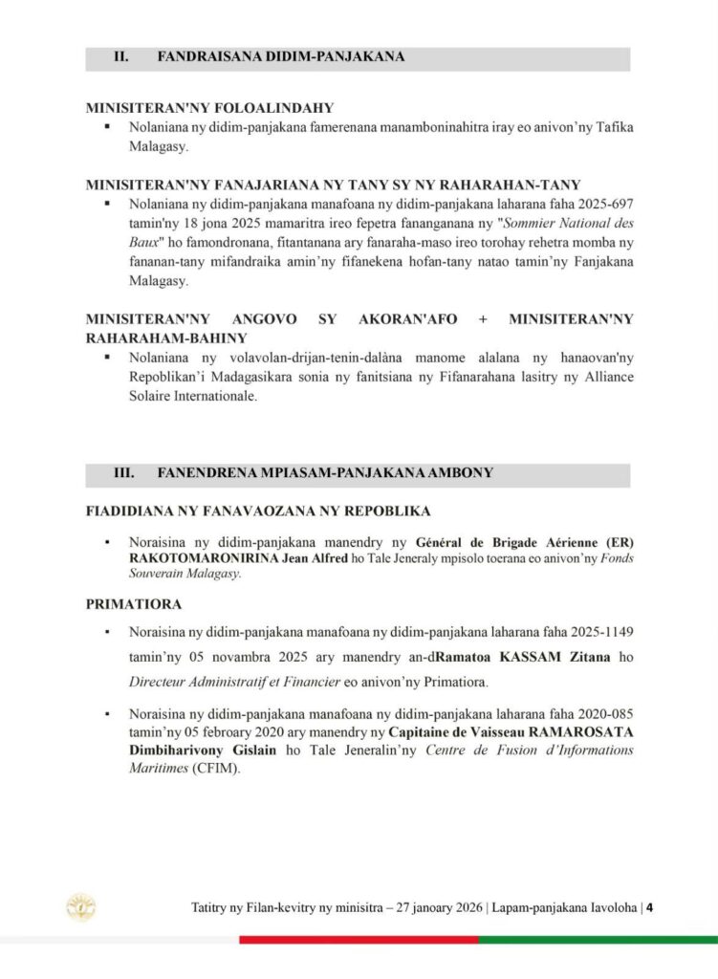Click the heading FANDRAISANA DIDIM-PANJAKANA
[x=280, y=57]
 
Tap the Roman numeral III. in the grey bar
[x=122, y=472]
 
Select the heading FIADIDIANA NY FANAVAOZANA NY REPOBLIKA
[x=258, y=511]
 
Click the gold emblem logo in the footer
[x=80, y=907]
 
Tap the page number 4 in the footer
[x=649, y=907]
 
